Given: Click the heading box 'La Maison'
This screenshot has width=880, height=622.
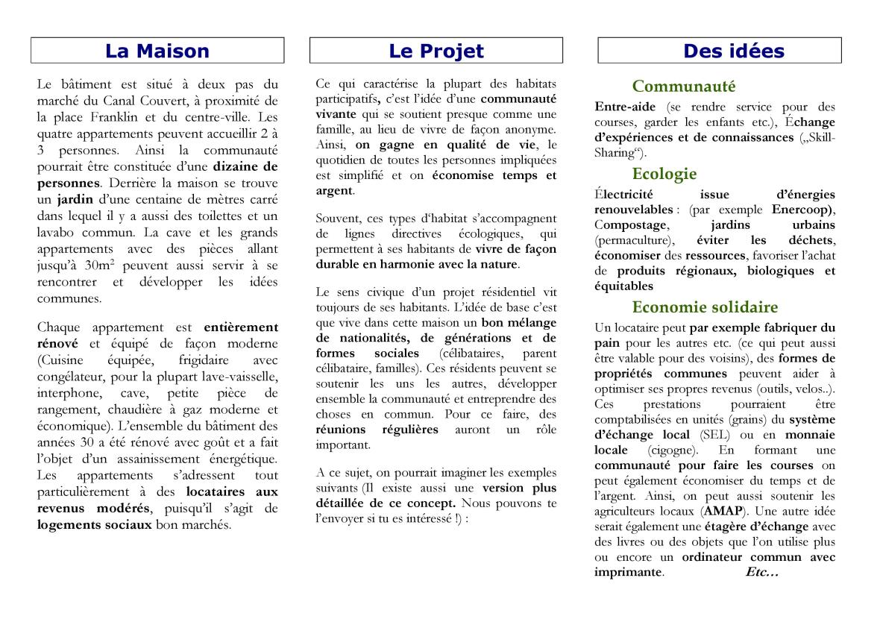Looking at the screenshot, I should (157, 51).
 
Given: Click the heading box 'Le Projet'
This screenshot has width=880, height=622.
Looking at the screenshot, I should (436, 51).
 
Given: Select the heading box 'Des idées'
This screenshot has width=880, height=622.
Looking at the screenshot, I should (720, 51).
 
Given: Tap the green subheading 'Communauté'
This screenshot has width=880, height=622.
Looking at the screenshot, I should (683, 86).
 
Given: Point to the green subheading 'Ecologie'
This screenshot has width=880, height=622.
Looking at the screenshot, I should (664, 174).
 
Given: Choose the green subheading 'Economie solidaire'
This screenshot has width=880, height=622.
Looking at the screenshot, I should (705, 307).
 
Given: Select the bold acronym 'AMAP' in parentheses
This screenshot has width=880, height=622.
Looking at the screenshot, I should (720, 512).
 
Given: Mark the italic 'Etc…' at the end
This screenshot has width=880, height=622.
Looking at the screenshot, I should (761, 573).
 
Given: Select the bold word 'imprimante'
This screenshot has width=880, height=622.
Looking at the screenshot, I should (628, 573).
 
